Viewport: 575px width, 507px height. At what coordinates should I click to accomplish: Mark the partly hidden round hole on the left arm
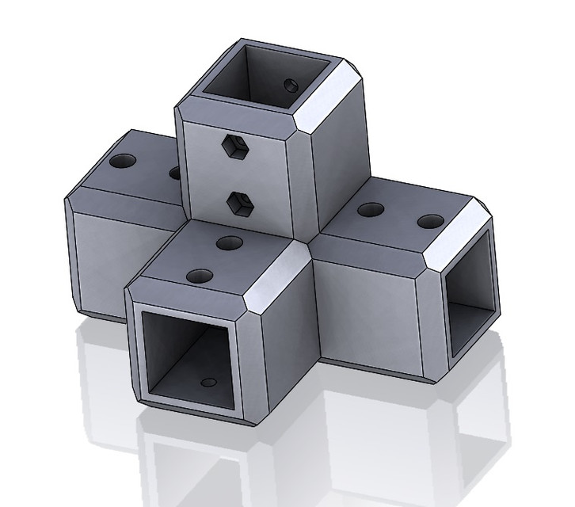tap(175, 171)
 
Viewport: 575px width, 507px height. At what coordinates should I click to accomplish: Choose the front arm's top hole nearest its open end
tap(195, 276)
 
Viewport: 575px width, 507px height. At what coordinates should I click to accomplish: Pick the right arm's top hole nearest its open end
tap(428, 219)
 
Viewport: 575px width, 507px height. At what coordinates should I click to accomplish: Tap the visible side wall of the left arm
tap(99, 253)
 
